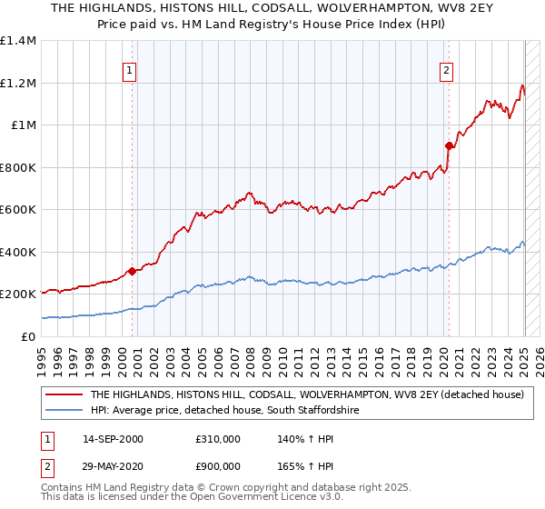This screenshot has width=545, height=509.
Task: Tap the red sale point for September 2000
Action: click(132, 271)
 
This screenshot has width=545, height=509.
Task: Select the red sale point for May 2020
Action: click(449, 145)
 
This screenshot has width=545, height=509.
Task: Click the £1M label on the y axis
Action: click(23, 125)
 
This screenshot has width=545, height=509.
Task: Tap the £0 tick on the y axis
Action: click(28, 336)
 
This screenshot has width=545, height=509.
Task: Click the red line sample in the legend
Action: click(64, 394)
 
